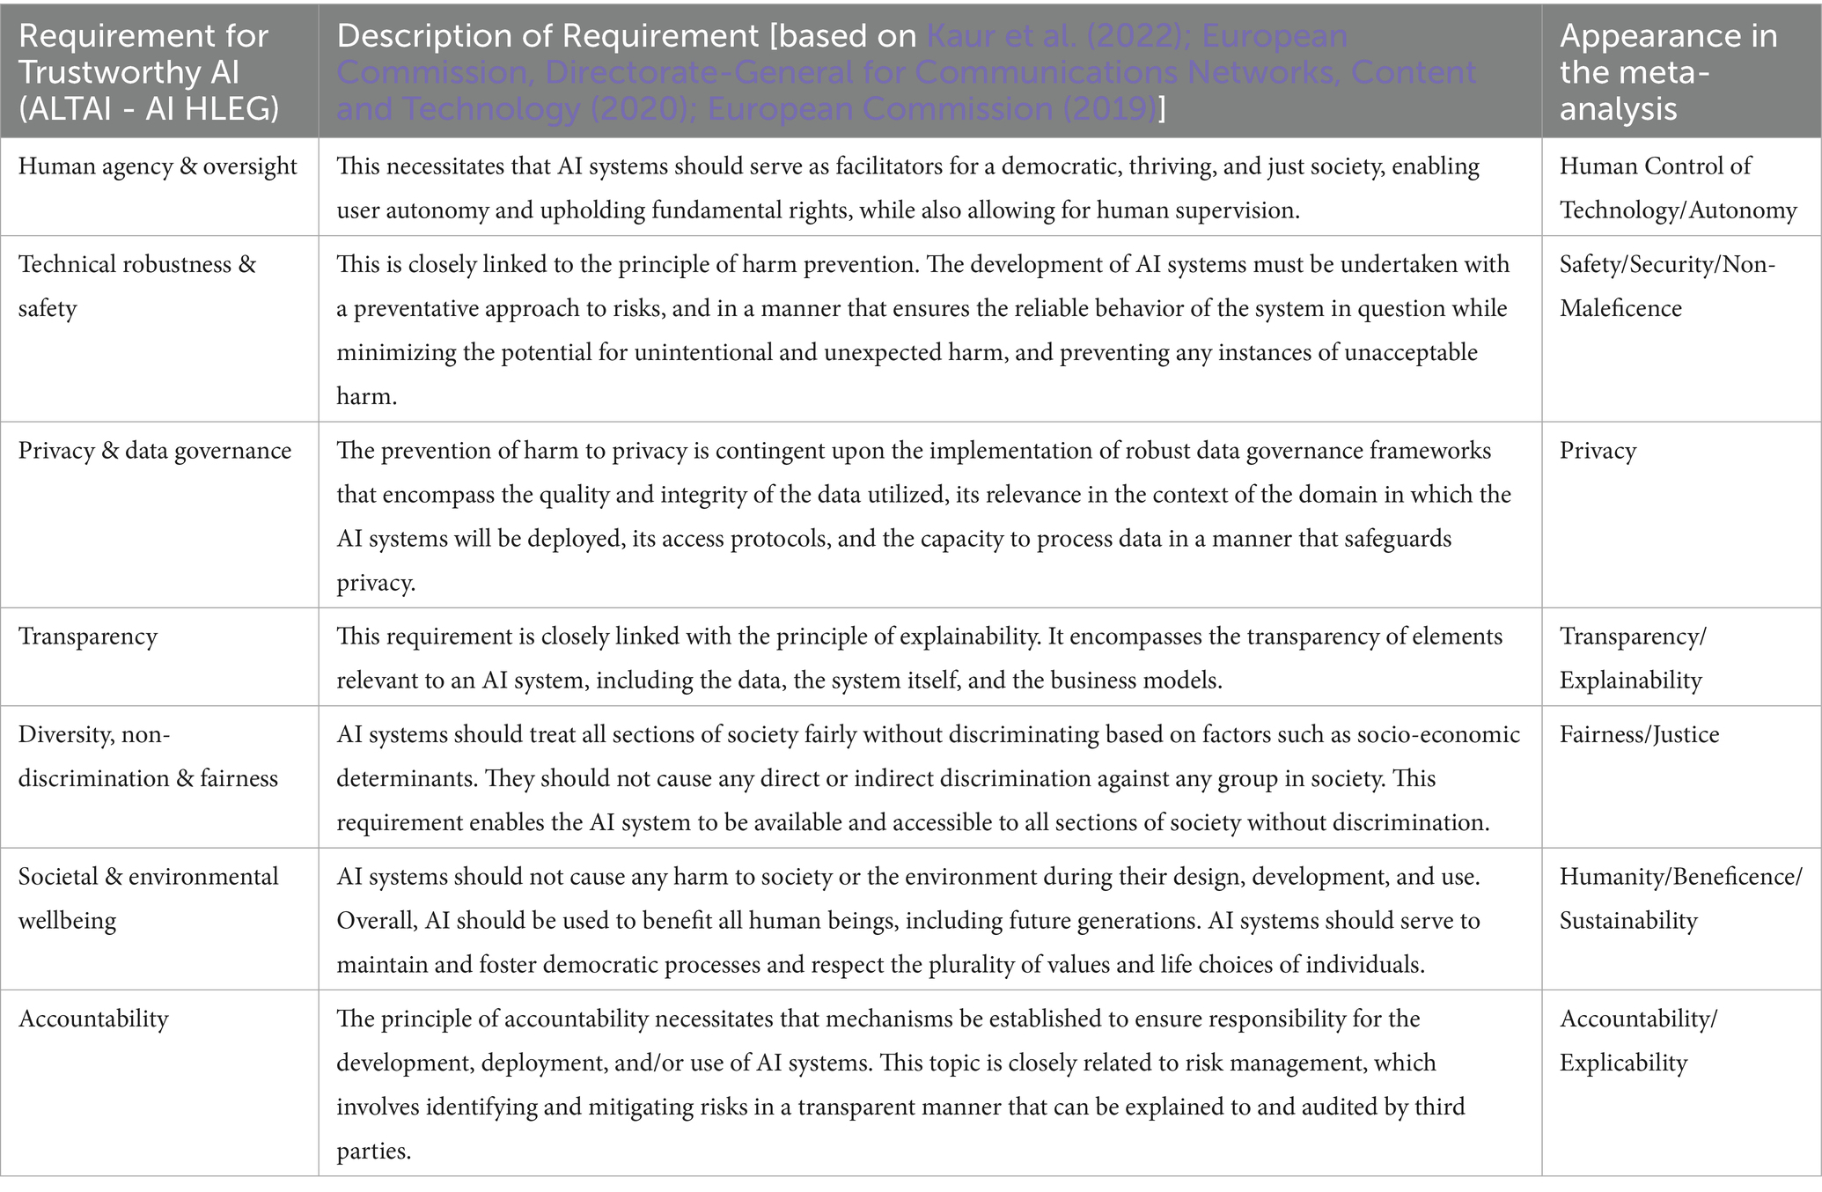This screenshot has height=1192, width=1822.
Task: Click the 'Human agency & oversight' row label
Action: click(x=158, y=166)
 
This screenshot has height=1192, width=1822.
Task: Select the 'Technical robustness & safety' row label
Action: click(x=136, y=286)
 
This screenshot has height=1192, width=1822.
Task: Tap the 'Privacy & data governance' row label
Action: click(x=154, y=451)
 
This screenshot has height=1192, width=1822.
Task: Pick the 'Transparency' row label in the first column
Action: click(x=87, y=636)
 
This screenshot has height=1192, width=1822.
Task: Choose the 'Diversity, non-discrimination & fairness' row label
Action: click(x=147, y=756)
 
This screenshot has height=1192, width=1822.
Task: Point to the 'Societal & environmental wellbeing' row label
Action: click(x=148, y=898)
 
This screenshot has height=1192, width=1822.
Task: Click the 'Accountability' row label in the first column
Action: click(x=92, y=1019)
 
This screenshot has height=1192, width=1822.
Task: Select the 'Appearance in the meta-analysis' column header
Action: click(x=1667, y=71)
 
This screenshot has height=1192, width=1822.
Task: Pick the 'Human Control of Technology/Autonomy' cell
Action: click(x=1677, y=188)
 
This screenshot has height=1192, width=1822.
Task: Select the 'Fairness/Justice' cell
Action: click(x=1639, y=734)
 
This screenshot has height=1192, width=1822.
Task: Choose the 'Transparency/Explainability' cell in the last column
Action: click(x=1632, y=659)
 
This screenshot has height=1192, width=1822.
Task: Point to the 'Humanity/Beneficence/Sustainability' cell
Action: click(x=1679, y=898)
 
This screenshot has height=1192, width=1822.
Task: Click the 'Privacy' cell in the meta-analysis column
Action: click(x=1598, y=451)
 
